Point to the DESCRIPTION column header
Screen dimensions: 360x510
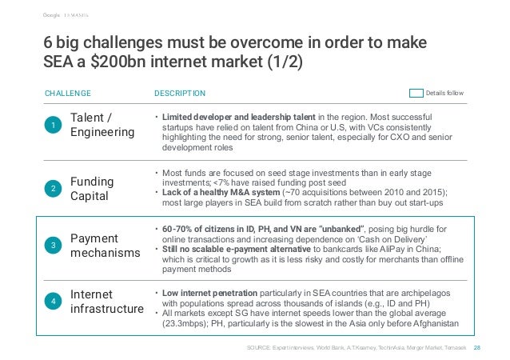click(x=179, y=93)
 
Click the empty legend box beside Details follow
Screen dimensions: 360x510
click(x=415, y=93)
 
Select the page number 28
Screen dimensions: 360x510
click(x=477, y=348)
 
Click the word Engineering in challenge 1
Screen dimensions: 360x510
click(x=102, y=133)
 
